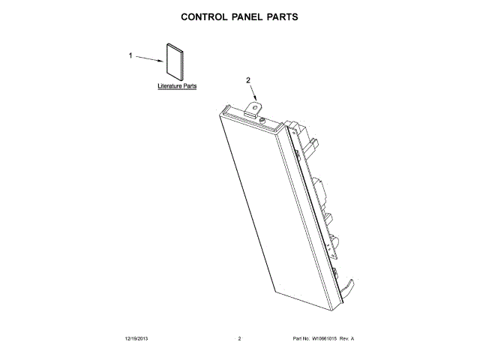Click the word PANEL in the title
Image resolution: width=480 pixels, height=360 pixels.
click(249, 16)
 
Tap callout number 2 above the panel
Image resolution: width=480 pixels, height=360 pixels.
click(248, 80)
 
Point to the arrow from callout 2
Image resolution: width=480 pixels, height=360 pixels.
click(254, 93)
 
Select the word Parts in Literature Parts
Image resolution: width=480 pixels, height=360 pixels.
click(190, 87)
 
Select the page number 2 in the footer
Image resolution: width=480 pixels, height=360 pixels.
click(239, 339)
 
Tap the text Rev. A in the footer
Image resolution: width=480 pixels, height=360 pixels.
click(346, 339)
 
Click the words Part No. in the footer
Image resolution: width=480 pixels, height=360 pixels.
click(301, 339)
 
